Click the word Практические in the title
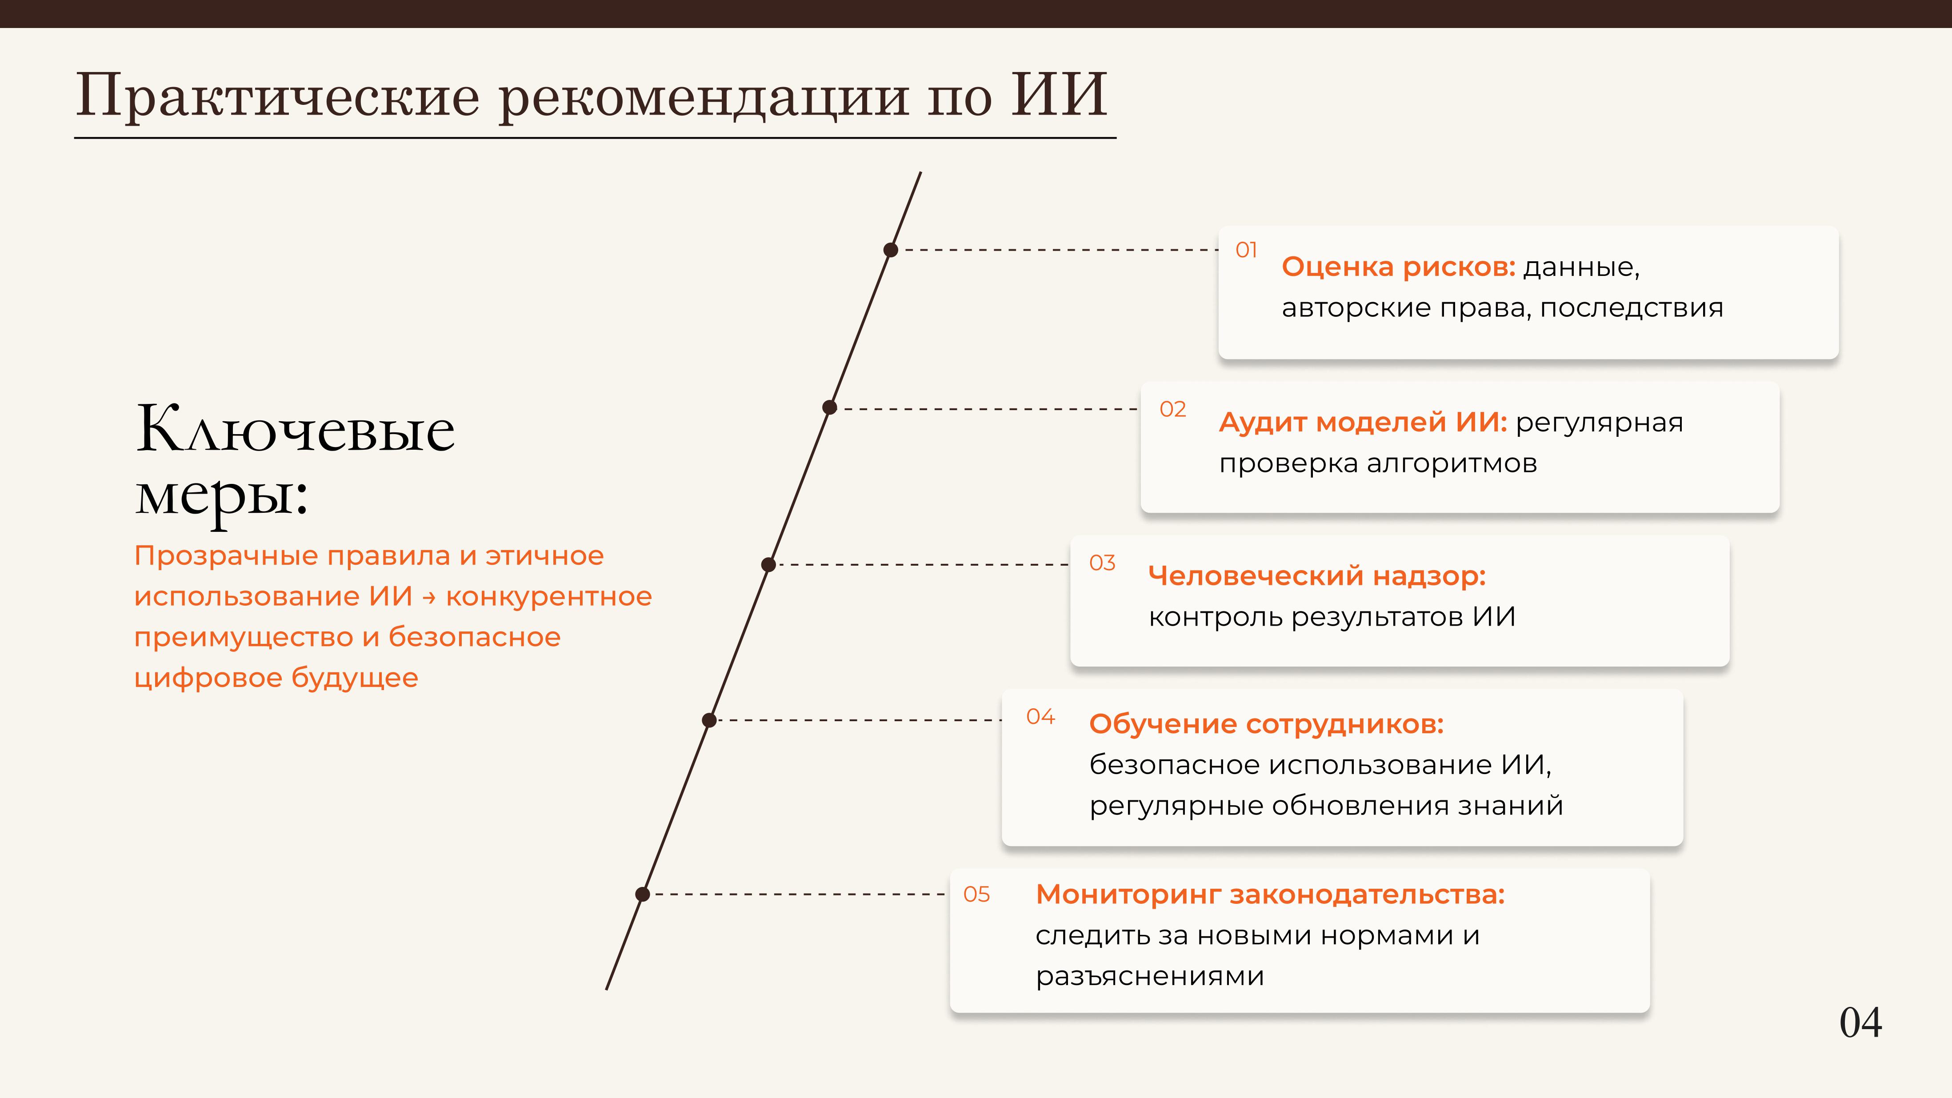pos(278,96)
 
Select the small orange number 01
pos(1247,250)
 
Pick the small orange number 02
pos(1173,409)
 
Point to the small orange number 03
pos(1103,563)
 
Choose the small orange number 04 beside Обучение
pos(1040,717)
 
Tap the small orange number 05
pos(977,895)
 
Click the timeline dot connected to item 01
pos(891,250)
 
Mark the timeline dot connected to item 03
pos(768,564)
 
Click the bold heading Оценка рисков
pos(1399,267)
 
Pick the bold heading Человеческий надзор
pos(1317,576)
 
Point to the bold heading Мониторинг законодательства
pos(1270,895)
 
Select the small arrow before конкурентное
pos(430,598)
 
